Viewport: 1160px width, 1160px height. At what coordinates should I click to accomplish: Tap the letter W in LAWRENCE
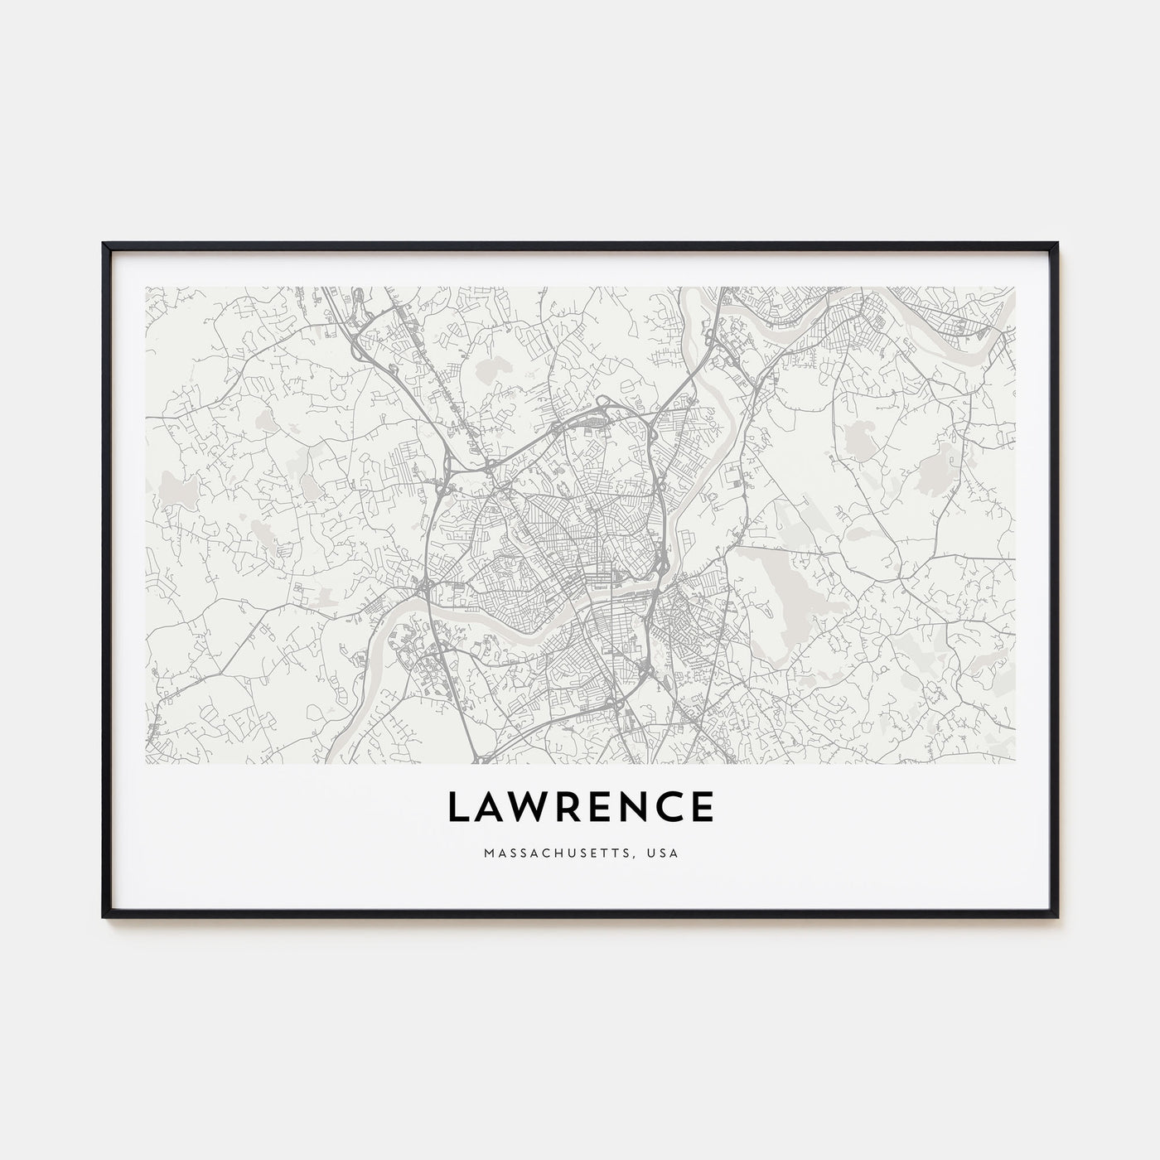pyautogui.click(x=528, y=806)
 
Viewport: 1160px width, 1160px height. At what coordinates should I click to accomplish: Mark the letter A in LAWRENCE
pyautogui.click(x=490, y=806)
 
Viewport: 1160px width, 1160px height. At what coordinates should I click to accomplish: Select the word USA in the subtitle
pyautogui.click(x=665, y=853)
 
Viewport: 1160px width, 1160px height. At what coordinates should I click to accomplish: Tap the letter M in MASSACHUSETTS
pyautogui.click(x=485, y=853)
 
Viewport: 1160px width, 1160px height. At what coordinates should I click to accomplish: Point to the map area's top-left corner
pyautogui.click(x=146, y=288)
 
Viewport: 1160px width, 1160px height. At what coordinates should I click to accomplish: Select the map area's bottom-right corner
pyautogui.click(x=1014, y=762)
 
